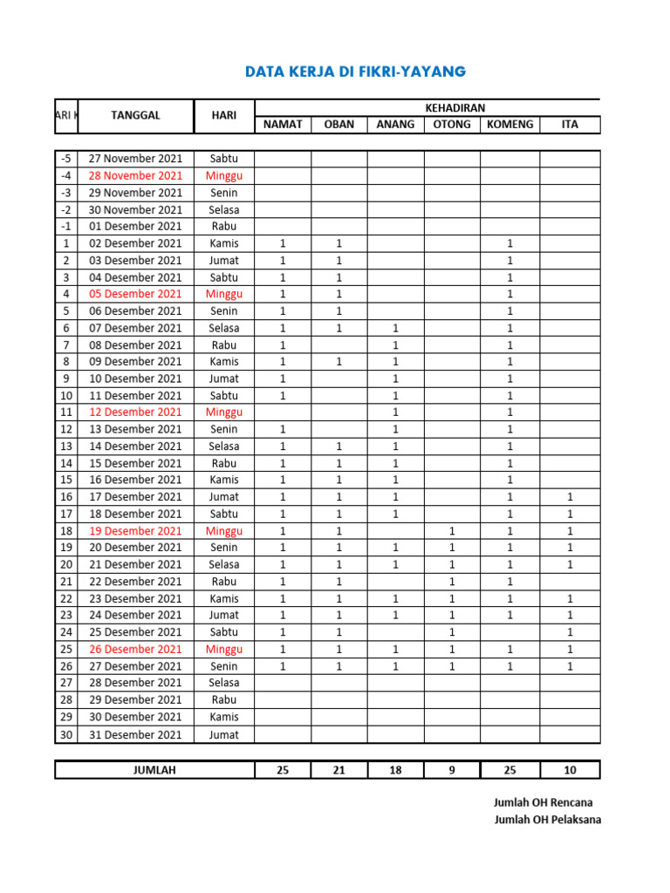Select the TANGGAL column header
[135, 115]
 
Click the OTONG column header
[452, 125]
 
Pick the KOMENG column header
[509, 125]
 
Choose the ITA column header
[570, 125]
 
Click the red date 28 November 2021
[135, 175]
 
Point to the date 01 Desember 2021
[135, 226]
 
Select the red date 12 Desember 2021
[135, 412]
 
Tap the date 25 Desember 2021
[135, 631]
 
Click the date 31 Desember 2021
[135, 734]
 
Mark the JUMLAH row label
[154, 770]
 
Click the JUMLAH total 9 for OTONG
[452, 770]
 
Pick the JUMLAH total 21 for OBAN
[339, 770]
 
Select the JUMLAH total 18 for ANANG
[395, 770]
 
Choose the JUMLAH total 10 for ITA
[570, 770]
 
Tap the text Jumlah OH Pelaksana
[547, 820]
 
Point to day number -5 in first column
[65, 159]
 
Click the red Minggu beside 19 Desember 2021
[224, 530]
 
